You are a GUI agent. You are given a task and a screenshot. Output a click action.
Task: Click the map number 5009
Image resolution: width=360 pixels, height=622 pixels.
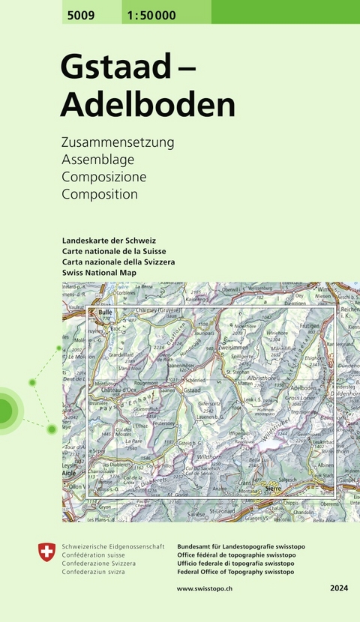(x=78, y=13)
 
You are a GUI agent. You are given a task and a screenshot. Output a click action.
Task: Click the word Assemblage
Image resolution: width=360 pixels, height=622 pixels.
(x=97, y=159)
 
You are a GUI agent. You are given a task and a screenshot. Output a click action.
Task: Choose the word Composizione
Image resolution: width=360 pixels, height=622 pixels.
(x=104, y=177)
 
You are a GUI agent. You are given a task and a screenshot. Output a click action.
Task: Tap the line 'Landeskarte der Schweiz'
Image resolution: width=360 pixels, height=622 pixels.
(x=109, y=240)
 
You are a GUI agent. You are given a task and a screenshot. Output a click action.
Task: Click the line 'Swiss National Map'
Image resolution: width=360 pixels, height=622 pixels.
(x=101, y=274)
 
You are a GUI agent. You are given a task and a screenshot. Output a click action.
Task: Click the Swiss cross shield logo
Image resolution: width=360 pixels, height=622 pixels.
(x=46, y=553)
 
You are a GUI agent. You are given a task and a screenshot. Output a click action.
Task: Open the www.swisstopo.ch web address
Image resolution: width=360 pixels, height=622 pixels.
(x=204, y=589)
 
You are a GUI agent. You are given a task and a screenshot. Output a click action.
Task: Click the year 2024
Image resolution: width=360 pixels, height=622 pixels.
(x=338, y=589)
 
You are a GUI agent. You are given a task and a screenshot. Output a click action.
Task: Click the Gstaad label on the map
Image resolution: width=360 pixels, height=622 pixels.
(x=191, y=390)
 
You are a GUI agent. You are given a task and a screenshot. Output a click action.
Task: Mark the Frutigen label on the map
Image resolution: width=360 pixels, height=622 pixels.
(x=309, y=327)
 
